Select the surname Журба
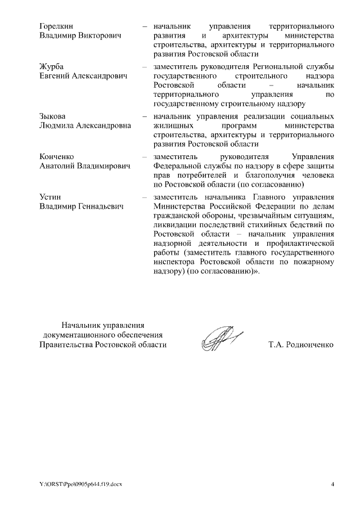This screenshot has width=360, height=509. point(51,66)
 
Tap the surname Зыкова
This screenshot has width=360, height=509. point(52,116)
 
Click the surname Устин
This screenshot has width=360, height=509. point(50,197)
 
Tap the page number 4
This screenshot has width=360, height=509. point(332,484)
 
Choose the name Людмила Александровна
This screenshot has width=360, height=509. point(85,125)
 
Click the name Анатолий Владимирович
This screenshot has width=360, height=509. point(85,166)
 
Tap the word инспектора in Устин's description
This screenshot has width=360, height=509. point(175,262)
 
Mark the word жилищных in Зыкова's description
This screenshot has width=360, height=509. point(170,125)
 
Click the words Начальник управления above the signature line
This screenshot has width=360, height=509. point(103,325)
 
